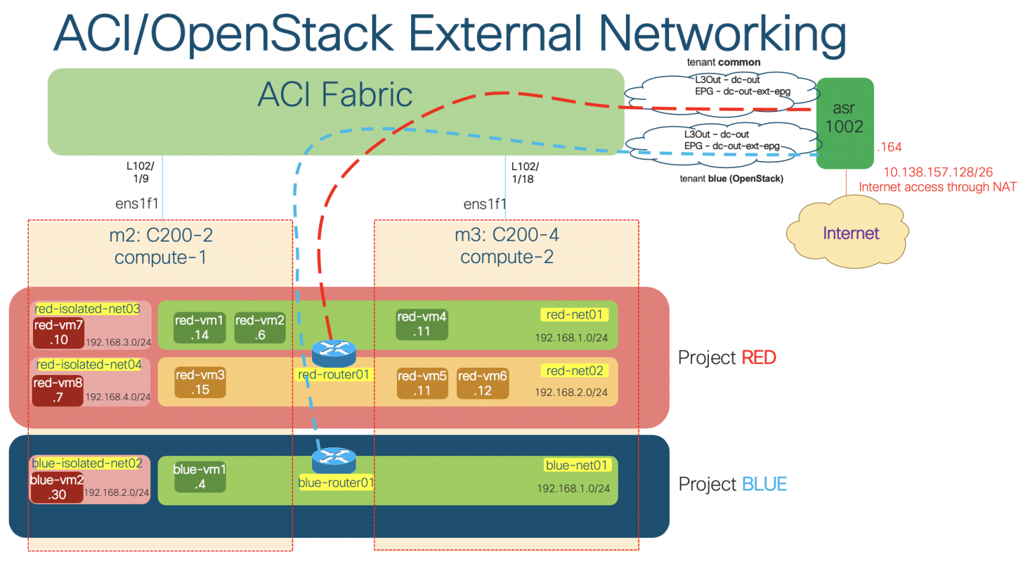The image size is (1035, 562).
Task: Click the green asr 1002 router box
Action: [844, 123]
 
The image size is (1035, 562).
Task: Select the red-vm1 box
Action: [199, 328]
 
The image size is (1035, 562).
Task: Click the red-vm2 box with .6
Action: [259, 328]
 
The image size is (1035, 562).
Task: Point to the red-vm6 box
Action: [482, 383]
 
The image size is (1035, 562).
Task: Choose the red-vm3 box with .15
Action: [200, 383]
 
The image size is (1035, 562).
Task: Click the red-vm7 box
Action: [59, 333]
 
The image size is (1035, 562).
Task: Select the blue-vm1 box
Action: [199, 477]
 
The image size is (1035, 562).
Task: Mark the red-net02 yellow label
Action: [574, 370]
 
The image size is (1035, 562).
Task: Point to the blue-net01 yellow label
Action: [577, 465]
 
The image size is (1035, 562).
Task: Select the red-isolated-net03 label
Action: [88, 309]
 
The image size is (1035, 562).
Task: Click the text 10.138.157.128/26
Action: [937, 172]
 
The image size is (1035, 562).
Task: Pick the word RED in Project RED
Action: [759, 358]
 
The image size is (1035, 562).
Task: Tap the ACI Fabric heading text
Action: [335, 94]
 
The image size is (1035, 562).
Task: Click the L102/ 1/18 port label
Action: [524, 173]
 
